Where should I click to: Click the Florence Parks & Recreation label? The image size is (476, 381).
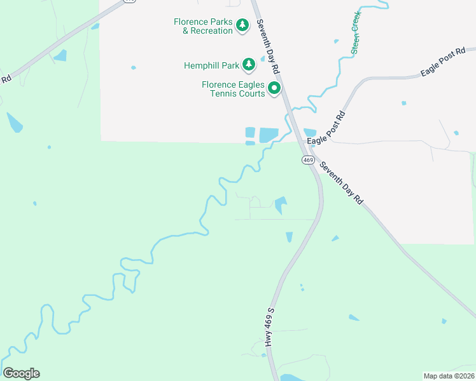pyautogui.click(x=203, y=26)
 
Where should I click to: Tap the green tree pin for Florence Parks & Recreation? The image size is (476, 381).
pyautogui.click(x=242, y=25)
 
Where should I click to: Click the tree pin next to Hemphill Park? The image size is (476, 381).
pyautogui.click(x=248, y=64)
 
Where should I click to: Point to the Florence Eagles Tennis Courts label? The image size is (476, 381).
pyautogui.click(x=233, y=89)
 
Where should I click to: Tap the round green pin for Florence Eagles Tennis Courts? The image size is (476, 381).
pyautogui.click(x=274, y=88)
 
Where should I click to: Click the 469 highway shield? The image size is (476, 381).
pyautogui.click(x=308, y=160)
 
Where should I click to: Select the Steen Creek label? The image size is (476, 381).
pyautogui.click(x=356, y=32)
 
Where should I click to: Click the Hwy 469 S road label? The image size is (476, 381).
pyautogui.click(x=270, y=327)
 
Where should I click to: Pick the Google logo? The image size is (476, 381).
pyautogui.click(x=21, y=373)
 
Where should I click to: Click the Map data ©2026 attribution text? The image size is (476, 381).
pyautogui.click(x=449, y=375)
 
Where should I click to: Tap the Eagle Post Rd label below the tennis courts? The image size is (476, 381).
pyautogui.click(x=326, y=127)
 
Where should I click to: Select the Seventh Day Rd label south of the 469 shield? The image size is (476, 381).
pyautogui.click(x=341, y=182)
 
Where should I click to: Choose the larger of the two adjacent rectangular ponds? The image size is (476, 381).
pyautogui.click(x=269, y=135)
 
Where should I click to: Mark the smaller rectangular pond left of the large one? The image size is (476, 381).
pyautogui.click(x=250, y=132)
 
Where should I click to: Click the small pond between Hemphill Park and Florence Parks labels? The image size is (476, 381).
pyautogui.click(x=262, y=58)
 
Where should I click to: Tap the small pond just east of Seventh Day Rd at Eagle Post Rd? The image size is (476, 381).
pyautogui.click(x=311, y=132)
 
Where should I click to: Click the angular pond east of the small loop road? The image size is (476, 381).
pyautogui.click(x=280, y=204)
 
